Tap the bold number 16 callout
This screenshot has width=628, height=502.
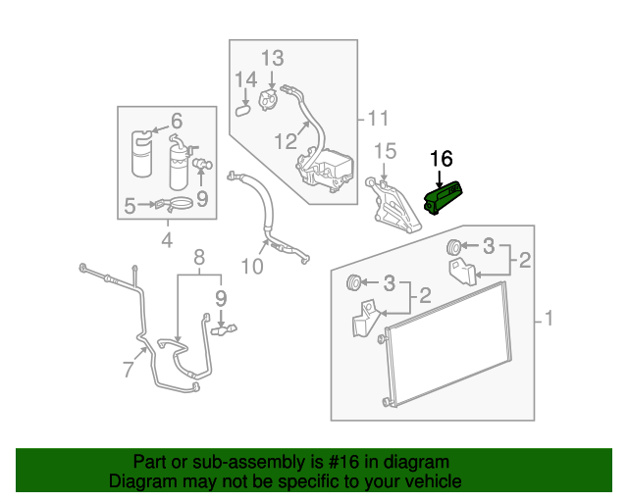coord(442,158)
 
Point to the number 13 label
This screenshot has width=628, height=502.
coord(272,57)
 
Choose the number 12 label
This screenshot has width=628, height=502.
coord(286,141)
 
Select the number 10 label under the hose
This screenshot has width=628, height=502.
coord(253,267)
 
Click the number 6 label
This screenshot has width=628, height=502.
coord(177,122)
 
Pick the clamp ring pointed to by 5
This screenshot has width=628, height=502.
coord(179,205)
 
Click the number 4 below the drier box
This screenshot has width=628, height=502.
coord(166,239)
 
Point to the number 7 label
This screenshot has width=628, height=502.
coord(128,369)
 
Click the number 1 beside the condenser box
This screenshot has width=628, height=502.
coord(549,319)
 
